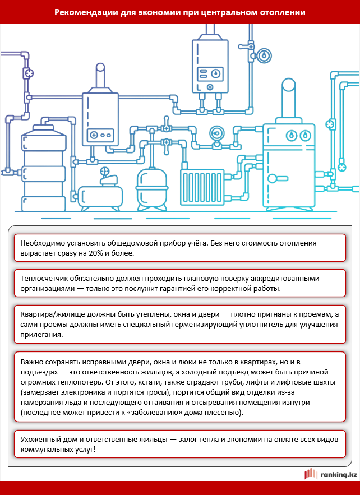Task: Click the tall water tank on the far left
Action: tap(41, 168)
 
